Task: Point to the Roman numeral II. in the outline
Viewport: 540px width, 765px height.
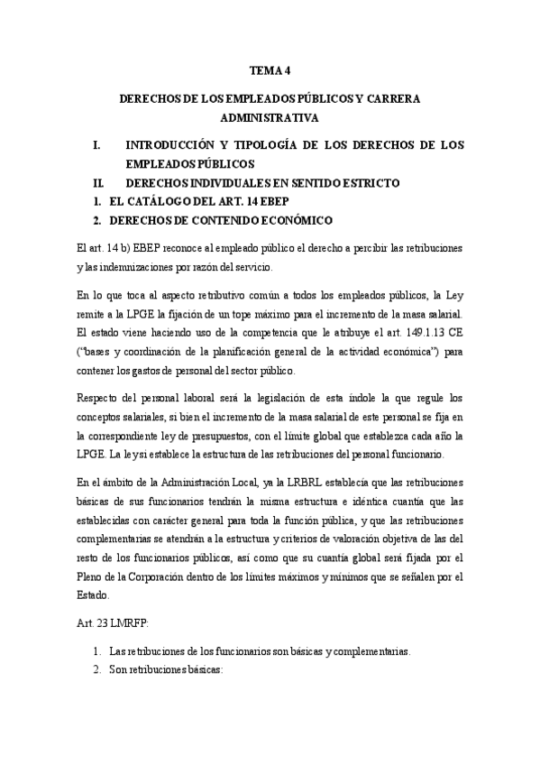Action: tap(99, 183)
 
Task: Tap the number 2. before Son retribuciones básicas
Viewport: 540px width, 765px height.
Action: tap(97, 669)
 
